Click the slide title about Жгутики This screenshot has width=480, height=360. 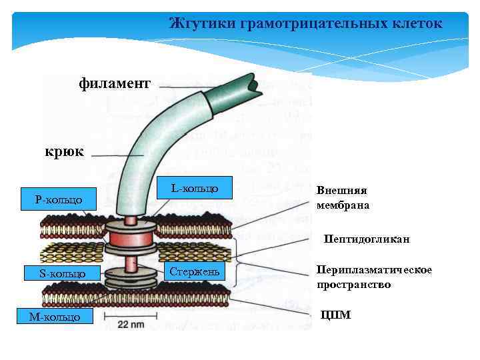[305, 23]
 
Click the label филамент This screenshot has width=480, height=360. [115, 83]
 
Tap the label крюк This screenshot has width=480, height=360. [64, 152]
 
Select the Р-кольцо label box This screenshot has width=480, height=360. [59, 199]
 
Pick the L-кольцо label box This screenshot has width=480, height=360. [194, 189]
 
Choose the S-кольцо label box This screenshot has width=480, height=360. [62, 273]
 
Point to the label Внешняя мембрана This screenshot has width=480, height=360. [343, 197]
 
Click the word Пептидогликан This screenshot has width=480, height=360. [367, 239]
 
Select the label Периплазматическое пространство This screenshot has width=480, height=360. [374, 277]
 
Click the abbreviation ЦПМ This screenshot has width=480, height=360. [335, 315]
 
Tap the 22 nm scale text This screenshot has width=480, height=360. [132, 324]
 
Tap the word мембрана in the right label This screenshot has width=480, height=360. [343, 205]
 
